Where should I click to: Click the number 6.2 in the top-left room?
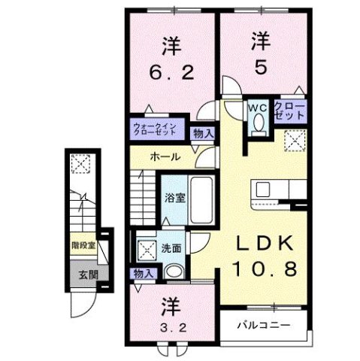pos(171,74)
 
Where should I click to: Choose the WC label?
pos(258,108)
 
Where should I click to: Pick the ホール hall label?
pos(165,157)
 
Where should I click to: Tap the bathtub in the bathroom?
pos(198,199)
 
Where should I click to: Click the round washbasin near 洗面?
pos(174,272)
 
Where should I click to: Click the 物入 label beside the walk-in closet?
pos(202,133)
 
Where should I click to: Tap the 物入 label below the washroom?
pos(142,274)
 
